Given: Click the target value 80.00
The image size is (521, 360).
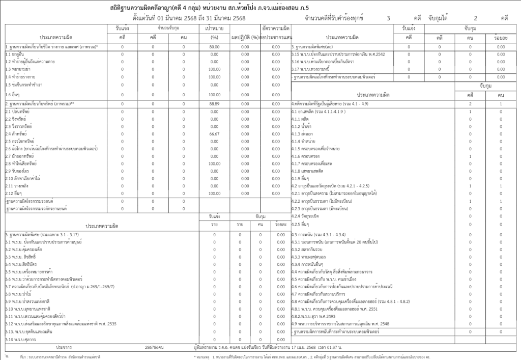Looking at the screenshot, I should [214, 46].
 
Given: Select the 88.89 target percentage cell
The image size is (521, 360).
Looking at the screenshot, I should [214, 103].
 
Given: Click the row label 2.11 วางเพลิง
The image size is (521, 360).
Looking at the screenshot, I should [18, 186].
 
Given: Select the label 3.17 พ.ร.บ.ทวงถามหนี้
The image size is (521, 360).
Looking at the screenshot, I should [312, 69].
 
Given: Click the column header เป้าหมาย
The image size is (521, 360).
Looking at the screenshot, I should [214, 29].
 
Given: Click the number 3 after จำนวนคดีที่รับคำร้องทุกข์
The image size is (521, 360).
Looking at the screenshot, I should [388, 18].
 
